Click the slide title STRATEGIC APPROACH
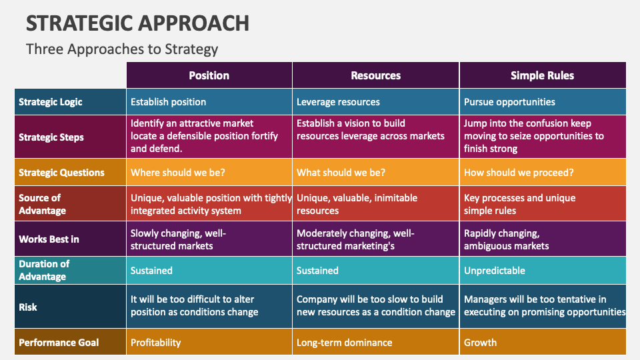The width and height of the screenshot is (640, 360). [137, 23]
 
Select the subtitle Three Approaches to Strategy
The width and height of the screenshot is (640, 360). [122, 49]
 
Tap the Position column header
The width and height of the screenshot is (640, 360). [209, 75]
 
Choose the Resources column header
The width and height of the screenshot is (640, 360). [375, 75]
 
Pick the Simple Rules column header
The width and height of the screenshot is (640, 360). [542, 75]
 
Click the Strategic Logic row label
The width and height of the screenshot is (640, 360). [51, 102]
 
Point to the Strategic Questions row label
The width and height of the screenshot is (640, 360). [61, 173]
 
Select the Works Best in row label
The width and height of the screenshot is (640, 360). [49, 239]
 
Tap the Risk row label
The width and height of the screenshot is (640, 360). [28, 307]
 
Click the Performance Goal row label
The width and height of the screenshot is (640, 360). [59, 343]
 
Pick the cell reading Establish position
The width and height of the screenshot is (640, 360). [168, 102]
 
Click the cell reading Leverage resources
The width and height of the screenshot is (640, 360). [338, 102]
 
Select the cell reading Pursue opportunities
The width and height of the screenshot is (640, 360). [509, 102]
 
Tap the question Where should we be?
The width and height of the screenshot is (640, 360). [178, 173]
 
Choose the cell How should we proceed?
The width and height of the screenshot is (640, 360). [519, 173]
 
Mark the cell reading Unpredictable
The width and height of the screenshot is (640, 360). [494, 271]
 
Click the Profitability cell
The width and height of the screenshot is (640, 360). [155, 343]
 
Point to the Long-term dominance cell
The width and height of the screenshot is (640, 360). [344, 343]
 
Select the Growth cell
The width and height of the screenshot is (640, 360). [480, 343]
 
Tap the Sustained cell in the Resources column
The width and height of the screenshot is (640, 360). [317, 271]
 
